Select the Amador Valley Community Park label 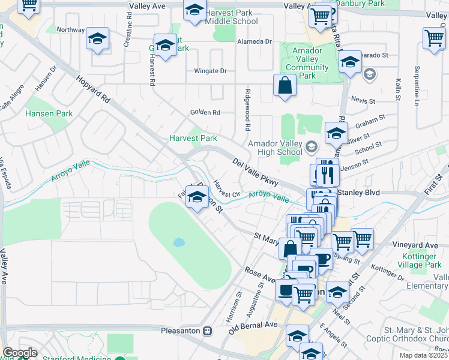tap(307, 64)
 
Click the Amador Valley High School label tap(276, 148)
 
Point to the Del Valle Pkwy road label tap(255, 172)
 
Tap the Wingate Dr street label tap(210, 71)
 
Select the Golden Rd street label tap(205, 112)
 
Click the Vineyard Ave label tap(415, 245)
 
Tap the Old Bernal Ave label tap(253, 328)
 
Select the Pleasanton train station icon tap(207, 330)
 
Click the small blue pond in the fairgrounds tap(178, 243)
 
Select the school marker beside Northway tap(97, 38)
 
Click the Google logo tap(19, 353)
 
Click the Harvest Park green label tap(193, 138)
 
